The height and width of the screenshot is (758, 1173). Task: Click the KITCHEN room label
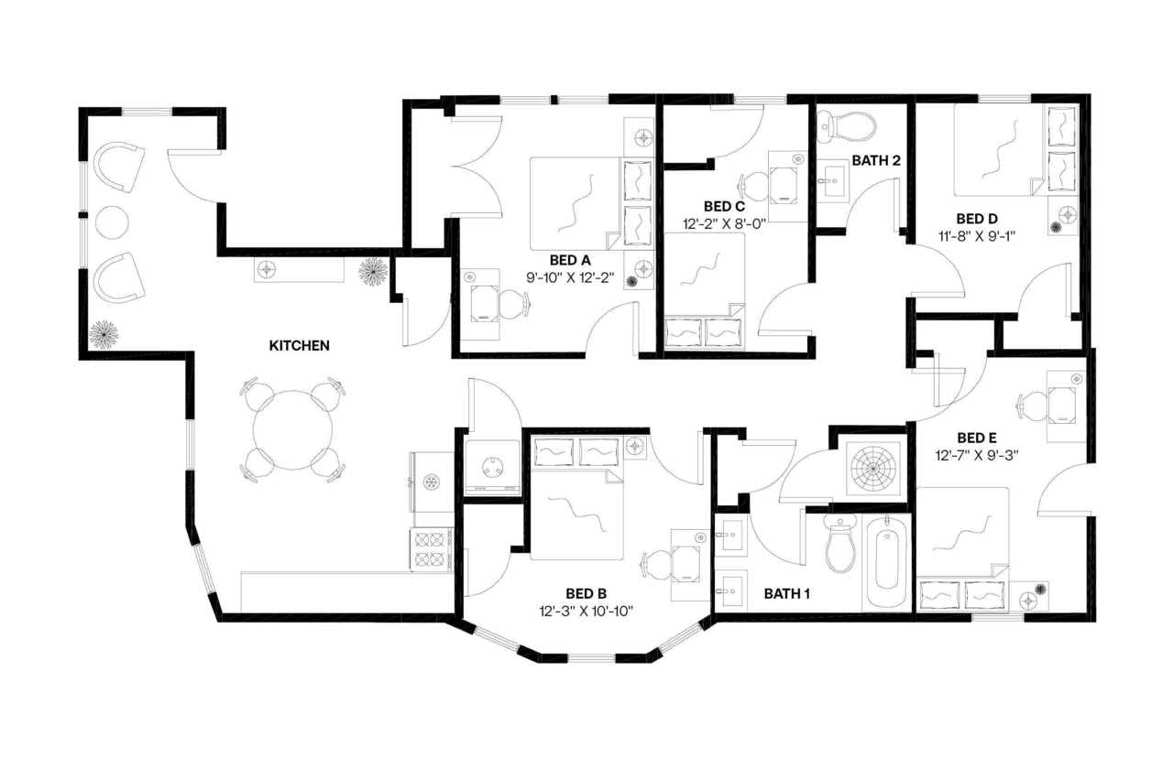click(x=299, y=346)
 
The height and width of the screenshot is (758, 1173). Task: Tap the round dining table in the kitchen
click(x=292, y=429)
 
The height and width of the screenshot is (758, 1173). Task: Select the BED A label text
click(x=570, y=260)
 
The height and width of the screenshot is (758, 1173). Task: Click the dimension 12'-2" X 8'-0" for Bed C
click(x=722, y=223)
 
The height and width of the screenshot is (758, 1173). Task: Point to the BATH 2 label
click(x=876, y=161)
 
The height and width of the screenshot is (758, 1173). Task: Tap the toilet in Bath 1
click(x=839, y=544)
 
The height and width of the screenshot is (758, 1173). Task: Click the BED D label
click(x=977, y=219)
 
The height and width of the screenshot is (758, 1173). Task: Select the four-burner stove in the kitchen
click(x=431, y=549)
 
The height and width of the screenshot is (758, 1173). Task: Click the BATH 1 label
click(x=787, y=594)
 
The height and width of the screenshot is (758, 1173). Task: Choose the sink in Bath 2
click(x=832, y=181)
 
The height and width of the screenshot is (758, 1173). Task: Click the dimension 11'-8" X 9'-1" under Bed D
click(x=977, y=236)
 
